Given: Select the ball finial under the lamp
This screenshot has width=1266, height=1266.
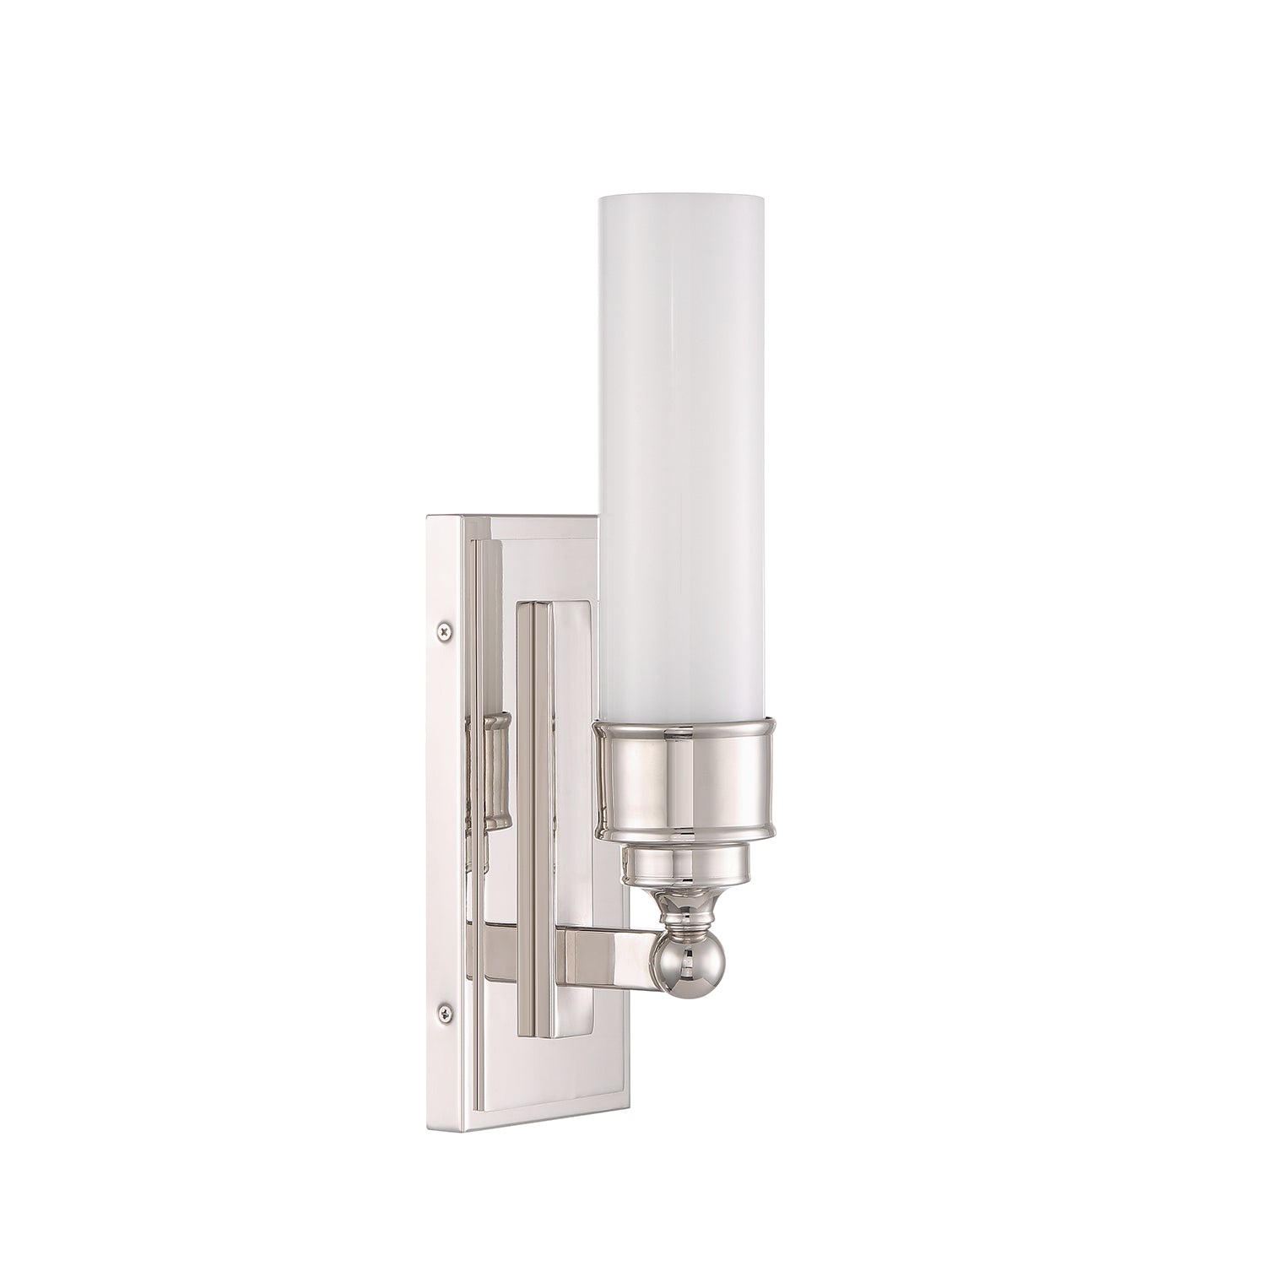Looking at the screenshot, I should point(684,957).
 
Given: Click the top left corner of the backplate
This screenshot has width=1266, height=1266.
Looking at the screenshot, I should point(429,515).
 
